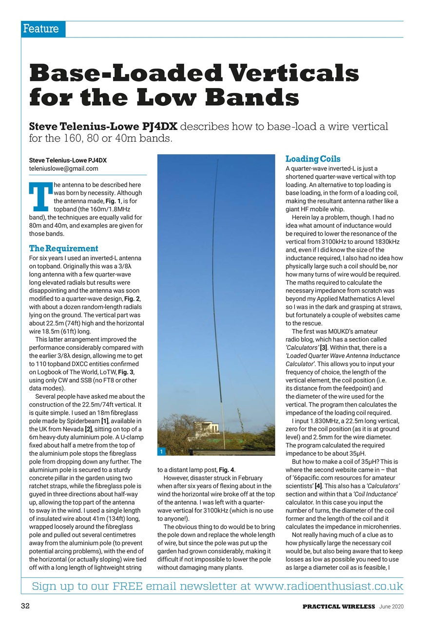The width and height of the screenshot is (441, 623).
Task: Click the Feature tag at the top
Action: coord(41,29)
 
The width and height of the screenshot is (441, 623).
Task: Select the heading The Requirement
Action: coord(63,248)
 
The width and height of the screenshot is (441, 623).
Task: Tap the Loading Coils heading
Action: coord(313,159)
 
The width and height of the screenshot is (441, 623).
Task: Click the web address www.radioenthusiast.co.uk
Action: coord(329,586)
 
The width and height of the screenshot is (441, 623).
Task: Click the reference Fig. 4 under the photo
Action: coord(226,470)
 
